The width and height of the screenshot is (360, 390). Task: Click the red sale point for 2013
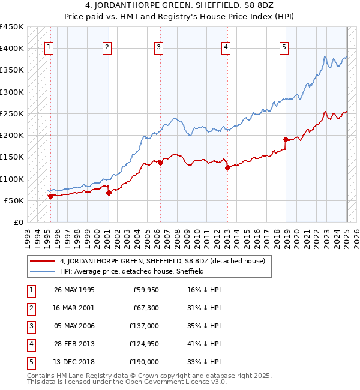(x=227, y=168)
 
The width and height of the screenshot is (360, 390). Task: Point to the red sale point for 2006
(x=161, y=163)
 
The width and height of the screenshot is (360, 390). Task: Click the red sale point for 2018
(x=286, y=140)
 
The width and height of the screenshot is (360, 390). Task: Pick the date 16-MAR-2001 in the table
(x=74, y=308)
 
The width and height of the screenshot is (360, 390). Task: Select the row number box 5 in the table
(x=30, y=362)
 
